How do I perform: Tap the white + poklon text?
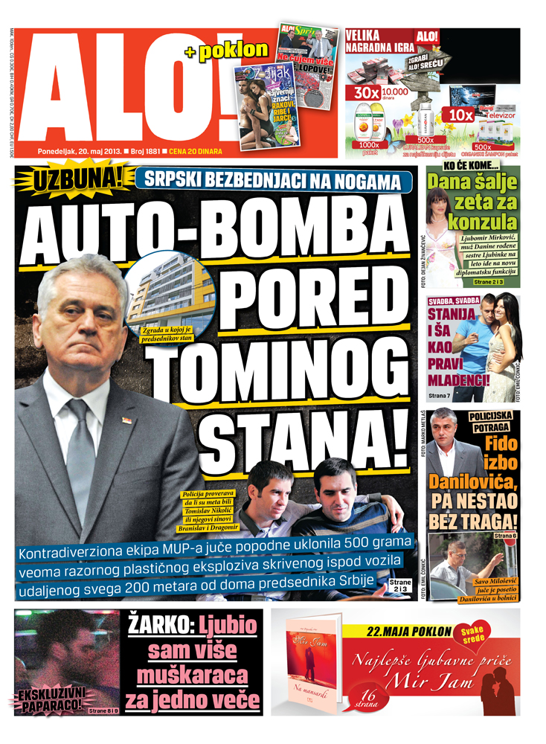coord(225,50)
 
